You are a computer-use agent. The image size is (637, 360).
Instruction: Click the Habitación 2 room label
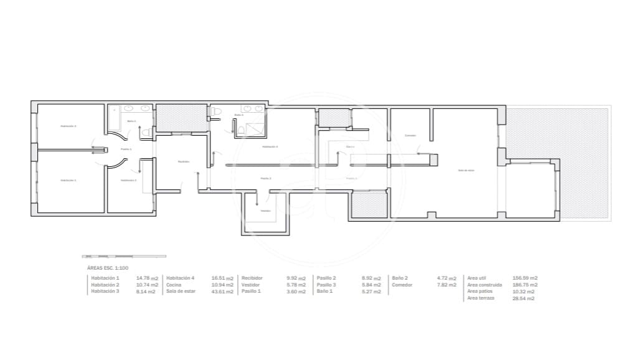click(68, 126)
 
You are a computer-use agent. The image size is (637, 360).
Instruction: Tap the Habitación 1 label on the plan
click(68, 180)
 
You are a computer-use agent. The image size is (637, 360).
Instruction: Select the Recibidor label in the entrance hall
click(183, 162)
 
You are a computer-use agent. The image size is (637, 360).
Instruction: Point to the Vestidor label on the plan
click(266, 211)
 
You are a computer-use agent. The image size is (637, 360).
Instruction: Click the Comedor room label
click(410, 136)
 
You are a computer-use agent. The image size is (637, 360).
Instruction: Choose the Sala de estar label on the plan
click(466, 170)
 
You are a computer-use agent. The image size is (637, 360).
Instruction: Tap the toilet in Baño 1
click(146, 133)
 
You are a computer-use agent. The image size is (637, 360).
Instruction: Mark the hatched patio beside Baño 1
click(181, 118)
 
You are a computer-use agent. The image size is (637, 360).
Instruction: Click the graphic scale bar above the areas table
click(124, 256)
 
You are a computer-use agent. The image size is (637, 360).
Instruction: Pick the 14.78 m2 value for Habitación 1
click(147, 278)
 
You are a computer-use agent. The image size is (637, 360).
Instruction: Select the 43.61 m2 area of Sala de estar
click(222, 291)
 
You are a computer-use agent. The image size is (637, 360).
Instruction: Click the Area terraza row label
click(481, 298)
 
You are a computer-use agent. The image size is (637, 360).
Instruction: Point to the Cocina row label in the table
click(174, 285)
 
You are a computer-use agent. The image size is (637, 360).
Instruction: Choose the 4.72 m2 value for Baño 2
click(446, 278)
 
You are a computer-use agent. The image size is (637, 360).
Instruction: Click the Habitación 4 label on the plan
click(270, 147)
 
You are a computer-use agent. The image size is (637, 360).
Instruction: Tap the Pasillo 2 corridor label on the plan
click(266, 178)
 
